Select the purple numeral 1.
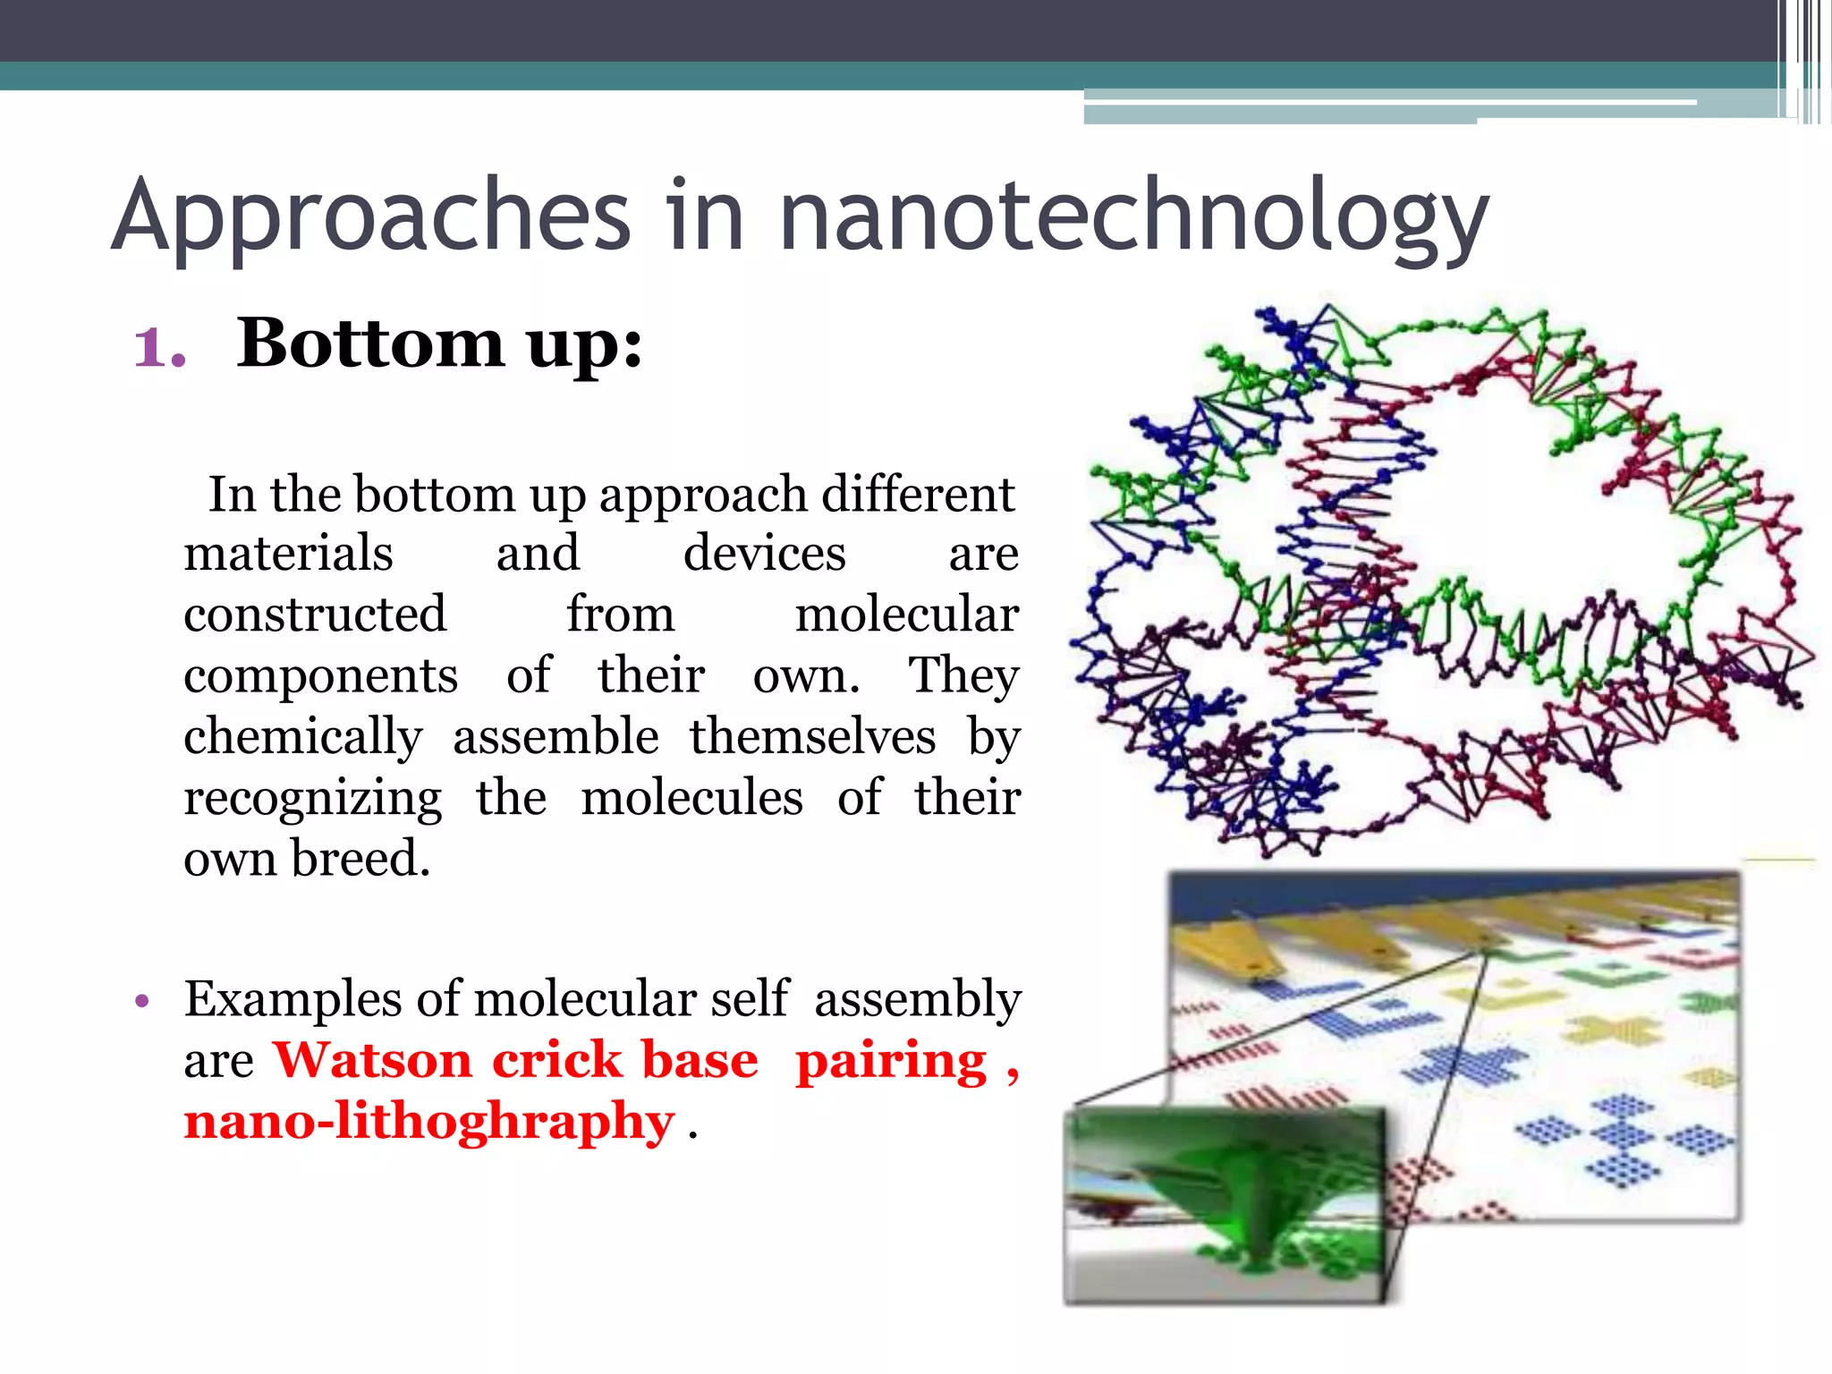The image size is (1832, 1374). pyautogui.click(x=157, y=347)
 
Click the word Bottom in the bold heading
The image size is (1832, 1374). pyautogui.click(x=370, y=343)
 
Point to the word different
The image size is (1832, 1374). pyautogui.click(x=918, y=494)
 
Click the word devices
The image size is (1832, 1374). pyautogui.click(x=764, y=553)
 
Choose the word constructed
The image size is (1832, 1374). pyautogui.click(x=315, y=615)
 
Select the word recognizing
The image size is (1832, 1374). pyautogui.click(x=312, y=798)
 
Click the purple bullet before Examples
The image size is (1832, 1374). pyautogui.click(x=140, y=1000)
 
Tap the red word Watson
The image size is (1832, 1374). pyautogui.click(x=372, y=1060)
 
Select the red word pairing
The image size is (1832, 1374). pyautogui.click(x=891, y=1062)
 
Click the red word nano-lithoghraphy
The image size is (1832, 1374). pyautogui.click(x=428, y=1122)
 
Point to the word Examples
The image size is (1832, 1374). pyautogui.click(x=293, y=1000)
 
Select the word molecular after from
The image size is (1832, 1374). pyautogui.click(x=906, y=615)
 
